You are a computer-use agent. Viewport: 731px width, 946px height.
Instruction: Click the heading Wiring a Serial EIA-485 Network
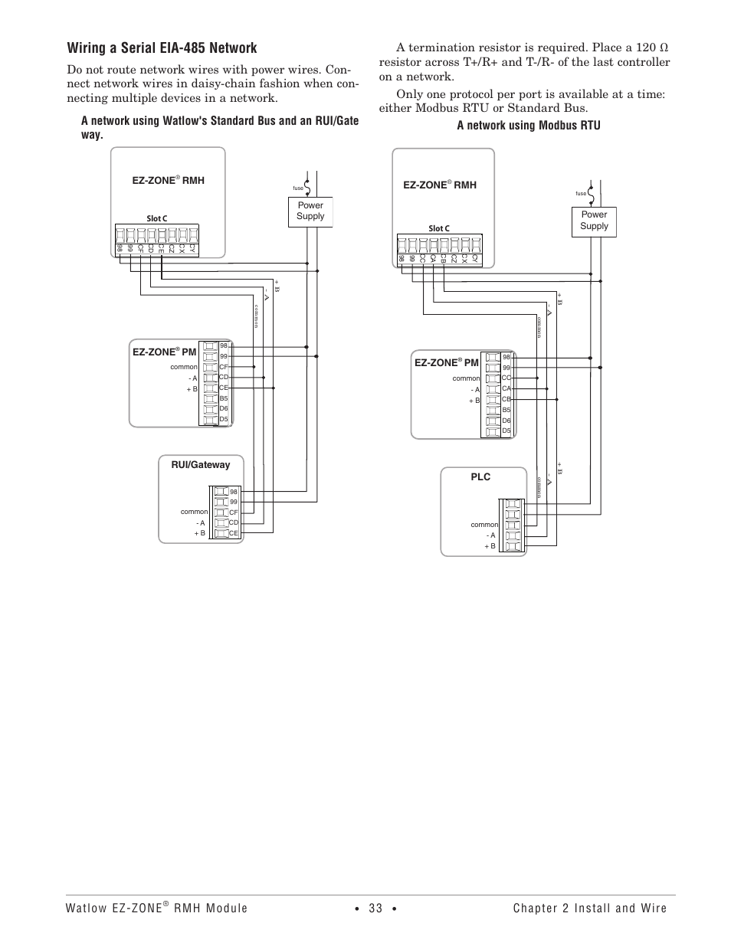coord(162,48)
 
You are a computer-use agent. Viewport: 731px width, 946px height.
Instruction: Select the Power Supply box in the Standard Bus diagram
coord(310,211)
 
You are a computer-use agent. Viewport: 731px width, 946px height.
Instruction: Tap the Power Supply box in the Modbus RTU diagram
coord(594,221)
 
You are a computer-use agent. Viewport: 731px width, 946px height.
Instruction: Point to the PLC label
coord(480,477)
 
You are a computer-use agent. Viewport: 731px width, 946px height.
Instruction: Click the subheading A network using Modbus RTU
coord(529,126)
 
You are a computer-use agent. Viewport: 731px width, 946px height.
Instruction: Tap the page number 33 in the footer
coord(375,908)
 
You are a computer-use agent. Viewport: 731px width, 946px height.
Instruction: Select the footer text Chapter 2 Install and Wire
coord(590,908)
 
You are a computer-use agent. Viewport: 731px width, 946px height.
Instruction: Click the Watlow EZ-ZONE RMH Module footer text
coord(156,908)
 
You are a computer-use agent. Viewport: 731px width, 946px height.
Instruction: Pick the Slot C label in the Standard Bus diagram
coord(157,219)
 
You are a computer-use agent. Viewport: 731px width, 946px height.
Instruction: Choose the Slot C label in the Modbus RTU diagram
coord(439,228)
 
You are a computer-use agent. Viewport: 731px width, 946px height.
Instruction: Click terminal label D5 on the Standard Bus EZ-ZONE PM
coord(224,419)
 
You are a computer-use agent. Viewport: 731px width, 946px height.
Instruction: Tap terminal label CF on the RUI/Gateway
coord(234,512)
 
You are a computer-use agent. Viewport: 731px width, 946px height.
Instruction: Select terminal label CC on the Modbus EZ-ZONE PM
coord(506,378)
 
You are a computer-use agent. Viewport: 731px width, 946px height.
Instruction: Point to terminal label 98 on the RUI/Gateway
coord(234,491)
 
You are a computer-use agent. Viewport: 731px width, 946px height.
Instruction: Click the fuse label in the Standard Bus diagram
coord(299,188)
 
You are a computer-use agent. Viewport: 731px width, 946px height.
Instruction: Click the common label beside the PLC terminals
coord(484,525)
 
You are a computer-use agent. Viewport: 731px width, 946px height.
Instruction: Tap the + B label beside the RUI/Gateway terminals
coord(200,533)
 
